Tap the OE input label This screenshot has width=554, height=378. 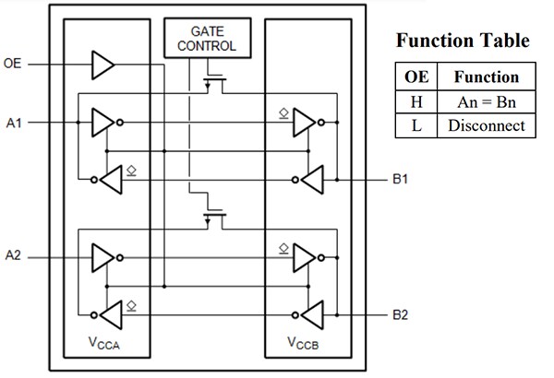pos(14,65)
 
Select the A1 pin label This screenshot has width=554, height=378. pos(13,121)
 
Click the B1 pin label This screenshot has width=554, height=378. pos(399,179)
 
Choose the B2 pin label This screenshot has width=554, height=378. pos(399,315)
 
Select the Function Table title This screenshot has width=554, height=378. pos(463,41)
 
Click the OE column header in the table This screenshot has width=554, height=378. pos(416,77)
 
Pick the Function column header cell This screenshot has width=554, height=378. pos(487,77)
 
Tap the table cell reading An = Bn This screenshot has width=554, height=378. pos(487,101)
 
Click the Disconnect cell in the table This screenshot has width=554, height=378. pos(487,125)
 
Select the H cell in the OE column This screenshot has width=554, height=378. pos(416,101)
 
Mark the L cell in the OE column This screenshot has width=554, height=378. pos(416,125)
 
